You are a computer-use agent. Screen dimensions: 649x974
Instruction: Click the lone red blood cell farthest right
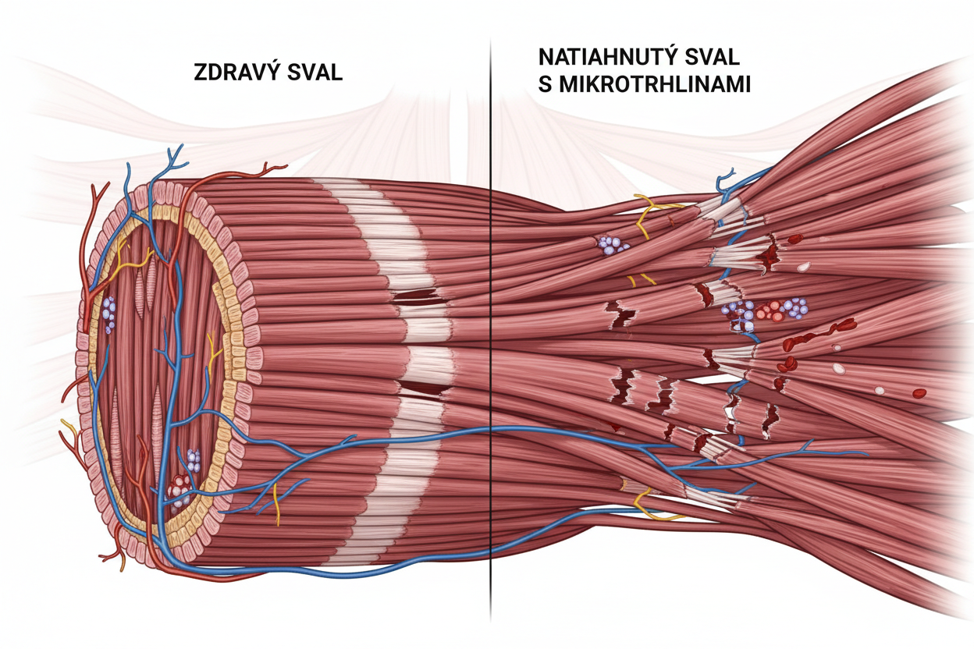coord(919,392)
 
